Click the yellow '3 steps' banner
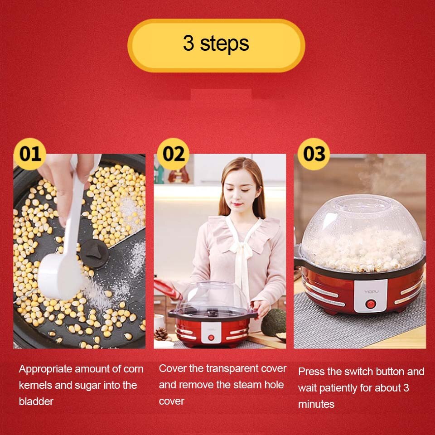point(216,45)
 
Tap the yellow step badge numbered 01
point(30,154)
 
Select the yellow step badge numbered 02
point(174,154)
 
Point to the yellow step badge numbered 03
point(314,154)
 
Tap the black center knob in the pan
point(94,252)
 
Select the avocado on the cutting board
point(274,322)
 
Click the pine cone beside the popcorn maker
point(161,334)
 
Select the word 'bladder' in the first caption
point(36,401)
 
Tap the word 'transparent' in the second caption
point(234,368)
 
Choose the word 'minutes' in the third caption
point(316,404)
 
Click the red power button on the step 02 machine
point(211,337)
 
